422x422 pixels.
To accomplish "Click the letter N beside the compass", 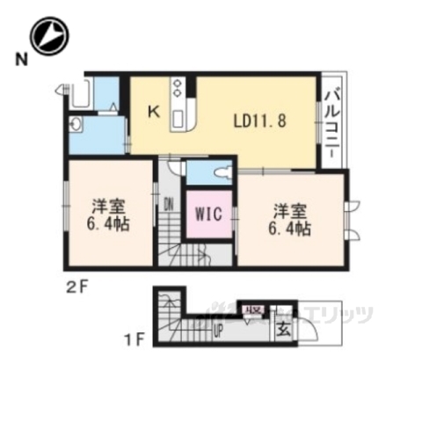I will coord(19,60).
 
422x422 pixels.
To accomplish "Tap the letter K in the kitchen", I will coord(152,112).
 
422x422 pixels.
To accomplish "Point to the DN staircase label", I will coord(168,206).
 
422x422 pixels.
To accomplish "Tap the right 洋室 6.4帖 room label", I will coord(291,218).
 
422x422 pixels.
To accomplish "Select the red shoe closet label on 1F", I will coord(255,310).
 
